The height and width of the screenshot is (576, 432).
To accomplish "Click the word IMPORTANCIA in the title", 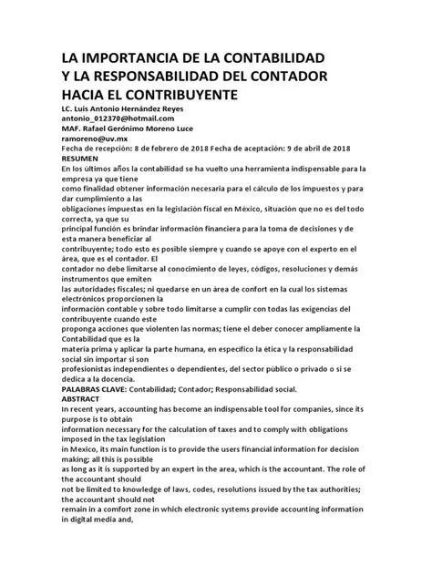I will pyautogui.click(x=133, y=57).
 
